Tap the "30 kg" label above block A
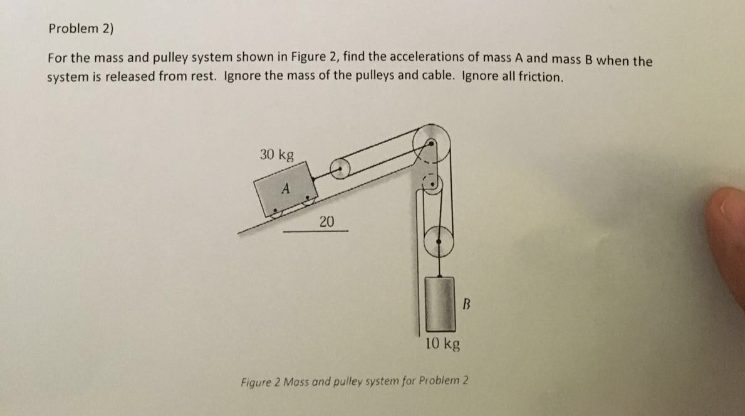coord(276,154)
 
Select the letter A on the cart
coord(286,188)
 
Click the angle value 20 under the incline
coord(326,221)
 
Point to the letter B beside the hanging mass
coord(466,306)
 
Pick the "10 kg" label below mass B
coord(443,343)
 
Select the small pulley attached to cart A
coord(340,168)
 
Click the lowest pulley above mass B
coord(439,240)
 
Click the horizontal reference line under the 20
coord(315,231)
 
